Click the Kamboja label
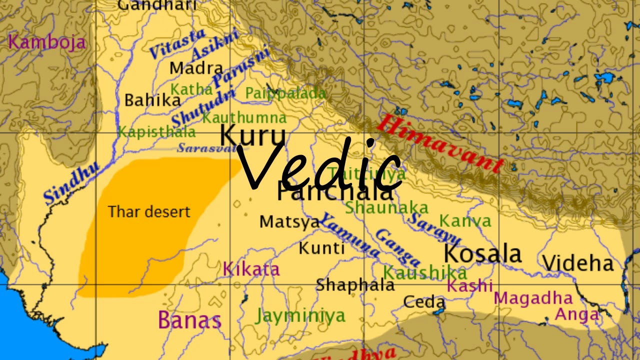point(47,42)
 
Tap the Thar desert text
point(149,211)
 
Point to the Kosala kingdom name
point(482,253)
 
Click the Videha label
point(577,262)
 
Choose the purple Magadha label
point(533,298)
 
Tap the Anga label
point(577,314)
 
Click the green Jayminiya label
point(300,315)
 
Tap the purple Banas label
point(189,320)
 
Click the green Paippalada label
point(285,93)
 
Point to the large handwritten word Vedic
point(320,163)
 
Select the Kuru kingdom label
point(253,135)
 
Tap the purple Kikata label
point(251,269)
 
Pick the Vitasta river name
point(178,44)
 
